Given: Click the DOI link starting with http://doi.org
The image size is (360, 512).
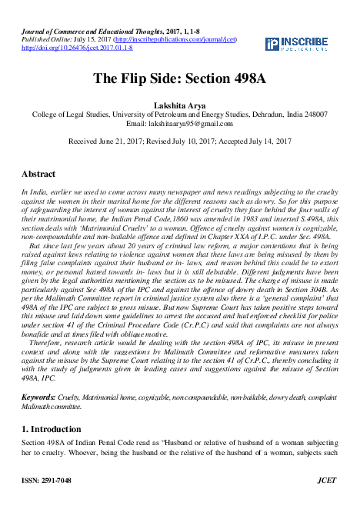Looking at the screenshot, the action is click(x=77, y=48).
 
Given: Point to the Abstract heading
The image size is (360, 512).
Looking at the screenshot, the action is click(x=38, y=175).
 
